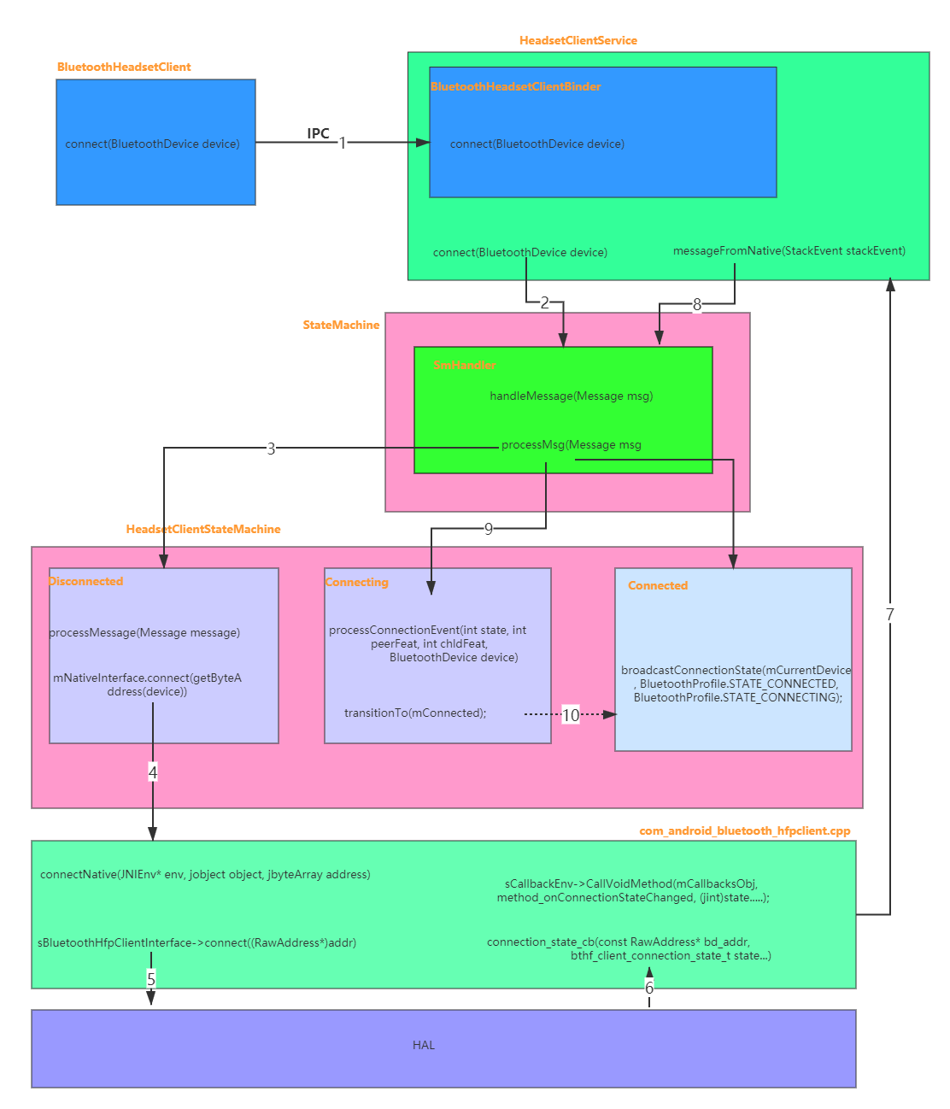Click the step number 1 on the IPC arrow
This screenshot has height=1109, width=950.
[x=343, y=143]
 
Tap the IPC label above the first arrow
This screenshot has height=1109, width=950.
[x=319, y=133]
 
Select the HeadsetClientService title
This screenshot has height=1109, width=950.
[x=578, y=40]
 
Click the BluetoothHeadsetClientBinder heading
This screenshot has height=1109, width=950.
[x=516, y=86]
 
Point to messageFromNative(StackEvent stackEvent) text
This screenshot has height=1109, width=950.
[x=789, y=250]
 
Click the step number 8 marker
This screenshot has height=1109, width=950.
[x=697, y=303]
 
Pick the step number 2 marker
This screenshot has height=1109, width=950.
[x=545, y=302]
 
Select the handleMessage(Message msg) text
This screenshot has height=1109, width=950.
[x=571, y=396]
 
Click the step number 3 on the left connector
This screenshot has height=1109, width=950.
[x=271, y=448]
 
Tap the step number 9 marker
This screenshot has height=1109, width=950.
[x=489, y=529]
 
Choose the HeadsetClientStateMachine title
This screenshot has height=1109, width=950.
[x=203, y=529]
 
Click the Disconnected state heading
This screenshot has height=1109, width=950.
[x=86, y=581]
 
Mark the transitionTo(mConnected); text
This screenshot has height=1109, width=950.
[x=415, y=713]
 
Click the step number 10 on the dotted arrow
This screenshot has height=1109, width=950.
[x=571, y=714]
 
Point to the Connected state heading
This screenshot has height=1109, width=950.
[x=657, y=585]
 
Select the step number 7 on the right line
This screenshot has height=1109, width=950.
[x=889, y=613]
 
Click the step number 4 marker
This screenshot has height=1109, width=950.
[x=153, y=772]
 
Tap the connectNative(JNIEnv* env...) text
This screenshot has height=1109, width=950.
[x=205, y=874]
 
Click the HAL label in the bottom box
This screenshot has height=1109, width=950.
[x=424, y=1045]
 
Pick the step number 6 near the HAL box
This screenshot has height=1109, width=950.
[x=649, y=988]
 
